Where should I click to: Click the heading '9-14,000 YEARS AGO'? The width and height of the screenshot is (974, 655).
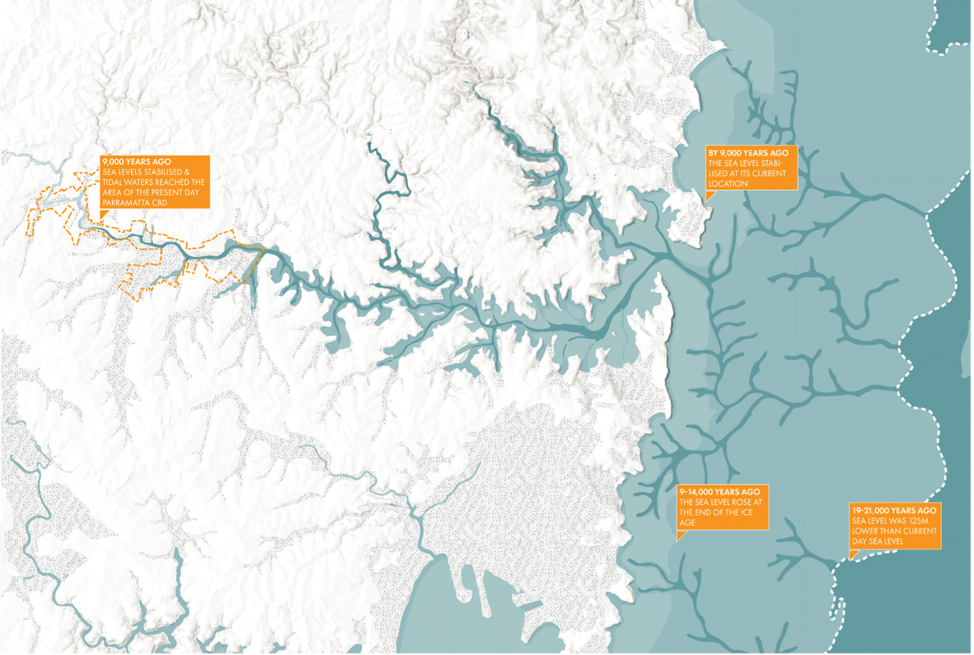tap(718, 490)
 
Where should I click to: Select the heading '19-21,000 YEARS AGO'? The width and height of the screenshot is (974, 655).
tap(893, 509)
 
